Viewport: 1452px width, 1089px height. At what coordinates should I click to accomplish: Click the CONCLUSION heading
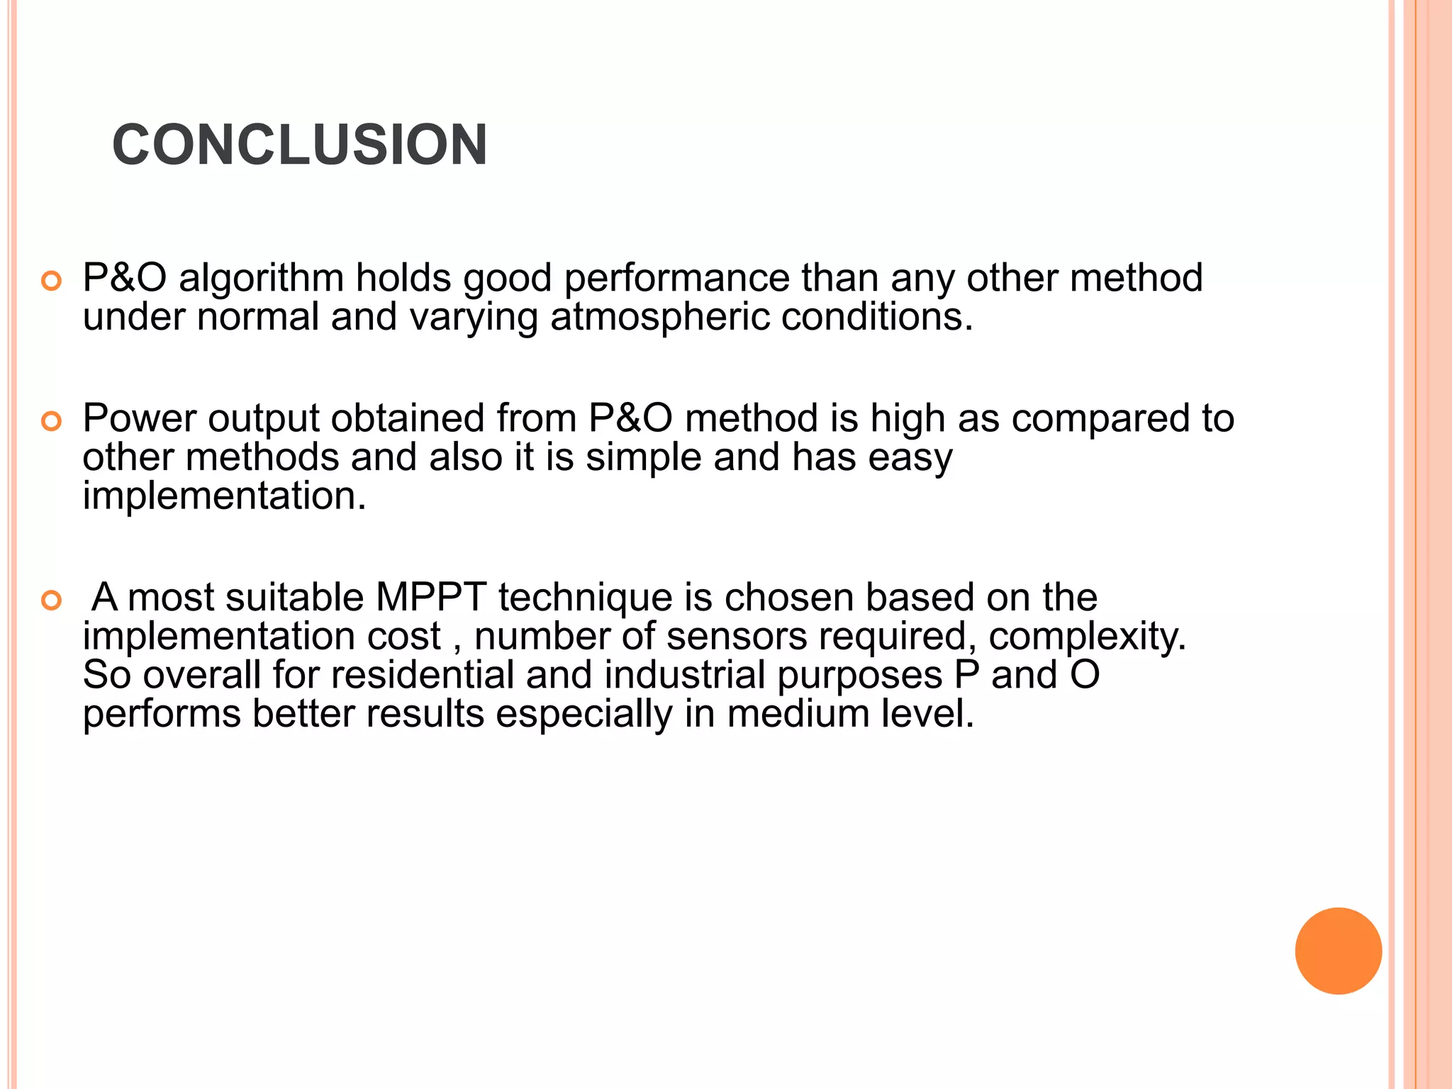[x=299, y=145]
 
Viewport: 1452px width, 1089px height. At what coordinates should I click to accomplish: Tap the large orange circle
[x=1338, y=951]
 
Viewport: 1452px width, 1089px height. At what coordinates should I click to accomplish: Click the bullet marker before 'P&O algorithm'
[x=52, y=281]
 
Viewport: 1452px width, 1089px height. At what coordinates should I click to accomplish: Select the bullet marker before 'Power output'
[x=52, y=423]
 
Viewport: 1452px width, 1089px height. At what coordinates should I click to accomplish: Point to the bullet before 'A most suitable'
[x=52, y=601]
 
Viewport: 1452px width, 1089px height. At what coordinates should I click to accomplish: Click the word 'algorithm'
[x=261, y=278]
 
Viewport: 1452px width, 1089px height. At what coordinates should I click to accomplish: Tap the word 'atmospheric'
[x=659, y=316]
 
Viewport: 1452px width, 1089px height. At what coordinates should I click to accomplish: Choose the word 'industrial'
[x=684, y=674]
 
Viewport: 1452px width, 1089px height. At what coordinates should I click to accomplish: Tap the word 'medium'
[x=798, y=713]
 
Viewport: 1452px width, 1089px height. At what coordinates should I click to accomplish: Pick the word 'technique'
[x=585, y=597]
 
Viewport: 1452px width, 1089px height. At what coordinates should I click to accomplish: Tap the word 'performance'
[x=676, y=278]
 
